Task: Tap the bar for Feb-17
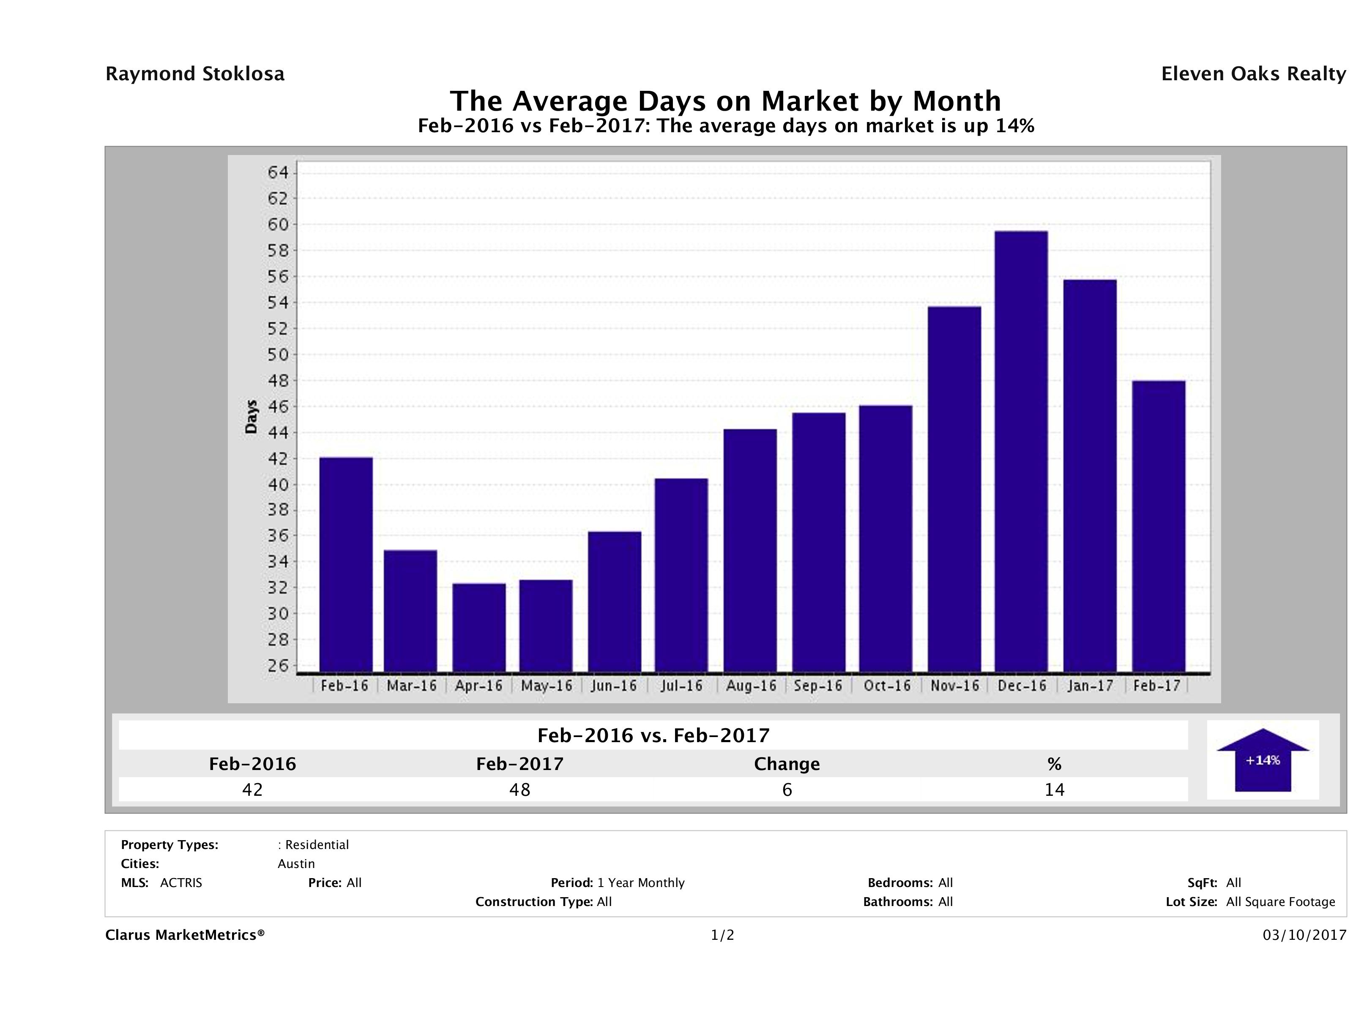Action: coord(1159,526)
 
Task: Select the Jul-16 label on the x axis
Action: coord(681,686)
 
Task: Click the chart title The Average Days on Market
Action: coord(725,101)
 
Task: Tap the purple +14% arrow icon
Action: coord(1262,760)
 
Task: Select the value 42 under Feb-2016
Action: coord(253,789)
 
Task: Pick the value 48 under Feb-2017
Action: coord(520,789)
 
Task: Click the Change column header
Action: coord(787,764)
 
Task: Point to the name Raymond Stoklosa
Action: coord(195,74)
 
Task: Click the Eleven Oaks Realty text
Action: coord(1253,74)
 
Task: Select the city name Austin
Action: coord(296,864)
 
